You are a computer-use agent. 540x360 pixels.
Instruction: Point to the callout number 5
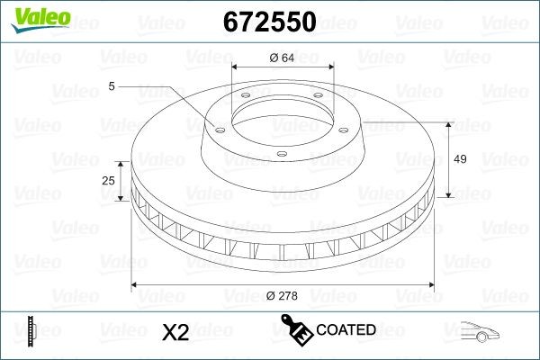coord(112,86)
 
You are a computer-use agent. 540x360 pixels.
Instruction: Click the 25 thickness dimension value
coord(109,181)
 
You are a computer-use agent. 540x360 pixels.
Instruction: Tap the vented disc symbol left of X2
coord(31,330)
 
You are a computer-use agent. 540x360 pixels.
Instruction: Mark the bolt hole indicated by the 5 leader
coord(218,125)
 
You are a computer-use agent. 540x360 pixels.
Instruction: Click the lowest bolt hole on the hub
coord(280,154)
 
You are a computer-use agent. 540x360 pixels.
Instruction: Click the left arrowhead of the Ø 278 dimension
coord(135,285)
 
